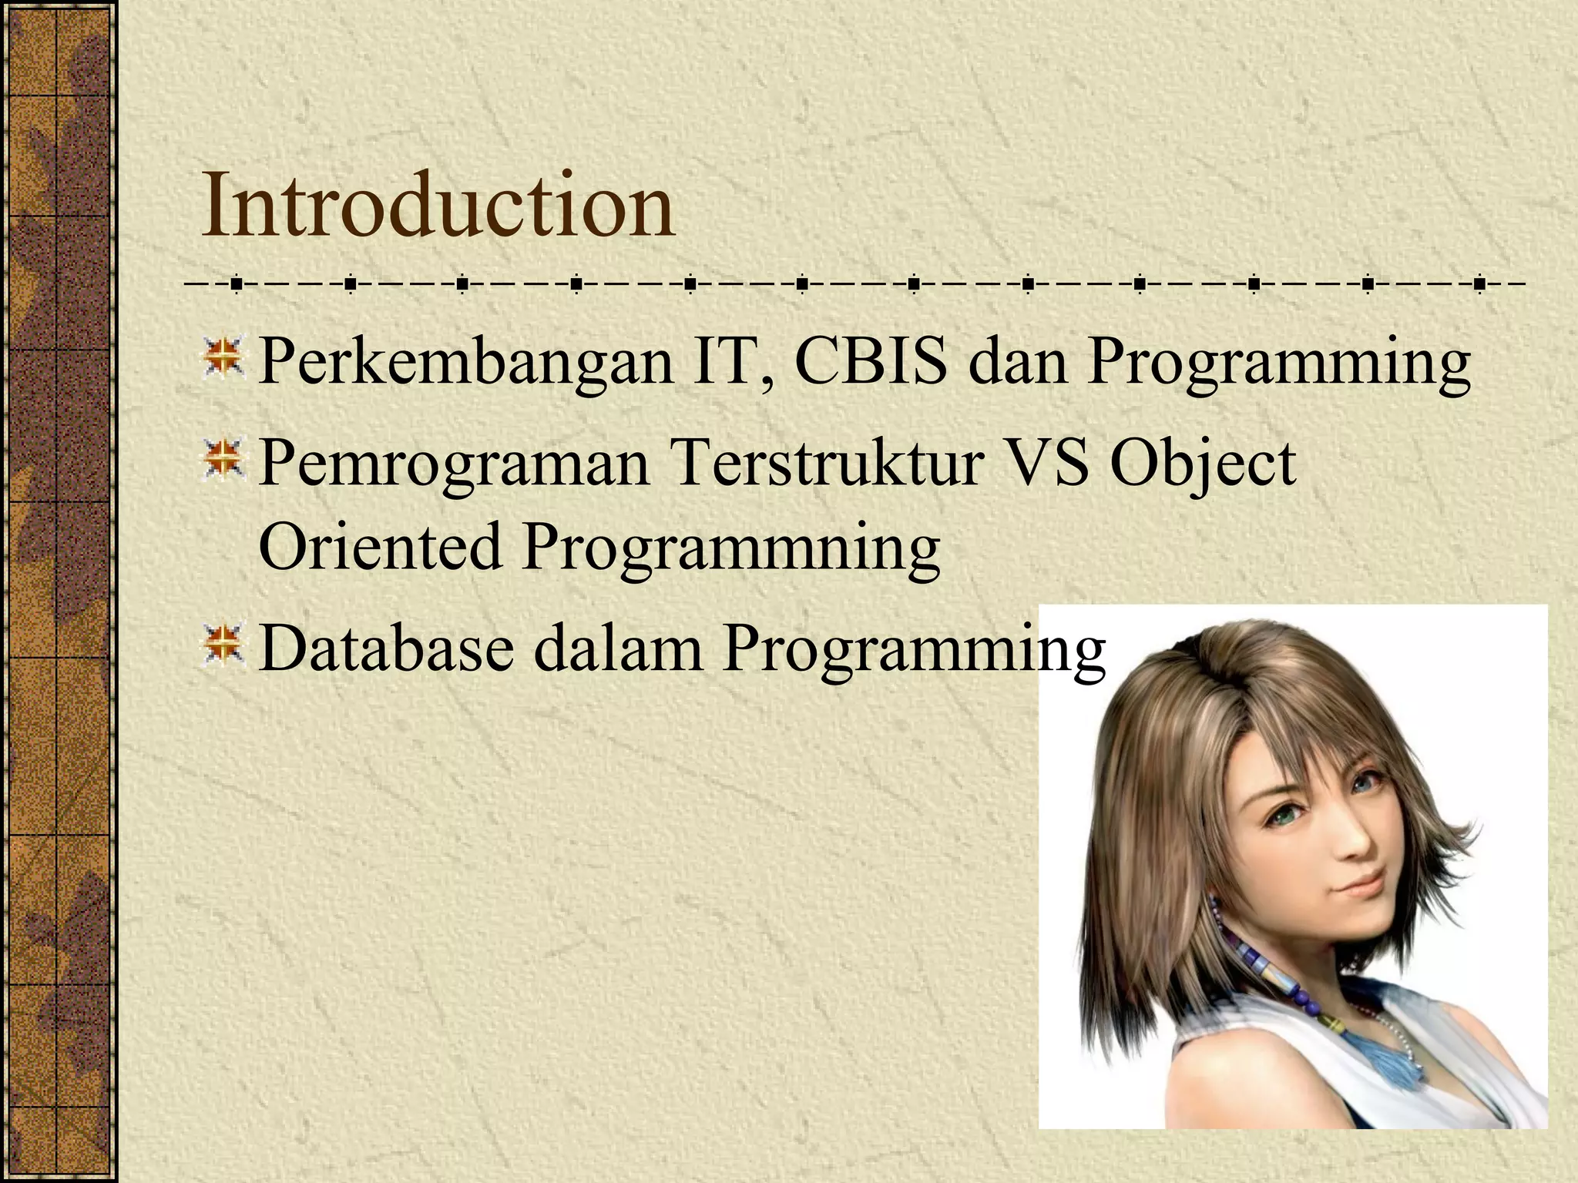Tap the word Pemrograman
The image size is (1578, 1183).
(x=454, y=464)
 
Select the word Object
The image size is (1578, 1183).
(x=1203, y=465)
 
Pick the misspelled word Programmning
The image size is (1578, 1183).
(x=730, y=548)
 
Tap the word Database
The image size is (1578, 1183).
(x=386, y=648)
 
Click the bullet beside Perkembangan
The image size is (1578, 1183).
(x=223, y=359)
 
